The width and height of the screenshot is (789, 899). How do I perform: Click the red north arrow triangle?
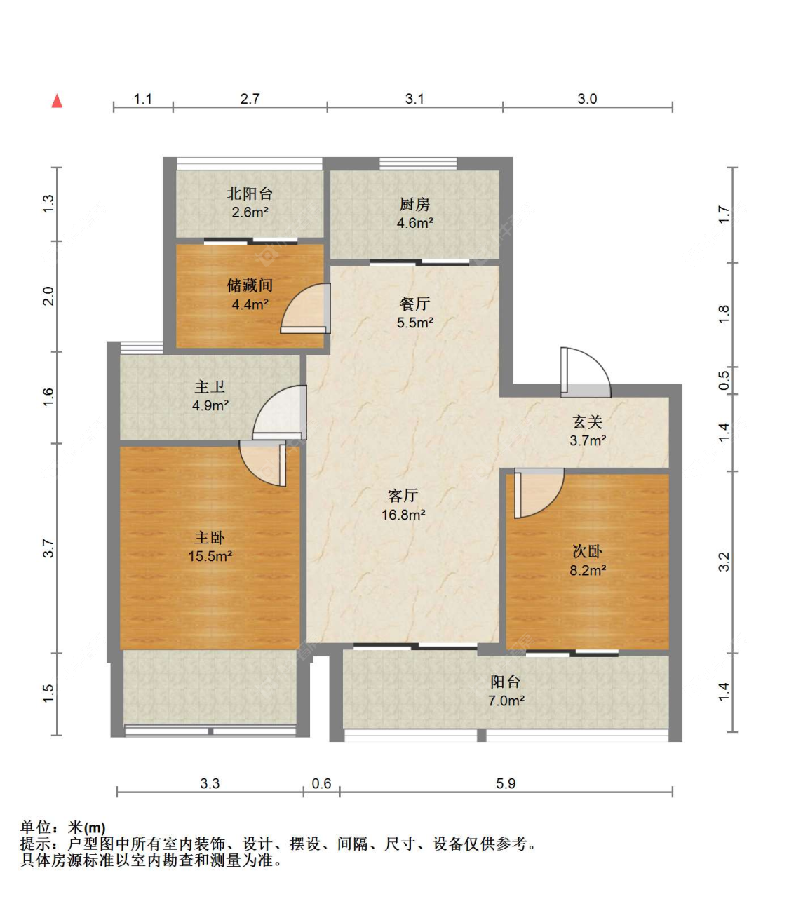(57, 101)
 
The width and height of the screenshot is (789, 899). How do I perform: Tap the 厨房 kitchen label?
(414, 204)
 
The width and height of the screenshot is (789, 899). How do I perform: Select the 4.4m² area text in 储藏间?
(250, 304)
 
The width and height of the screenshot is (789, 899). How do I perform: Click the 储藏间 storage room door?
(306, 309)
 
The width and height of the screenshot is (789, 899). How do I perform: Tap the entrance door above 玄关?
(586, 372)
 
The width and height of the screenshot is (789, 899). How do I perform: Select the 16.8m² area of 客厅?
(403, 515)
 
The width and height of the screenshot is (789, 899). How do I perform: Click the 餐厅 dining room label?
(414, 304)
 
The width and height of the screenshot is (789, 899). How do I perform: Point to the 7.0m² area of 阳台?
(506, 701)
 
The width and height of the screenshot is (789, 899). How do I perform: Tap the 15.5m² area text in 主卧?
(210, 556)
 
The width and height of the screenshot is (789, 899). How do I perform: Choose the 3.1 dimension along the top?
(414, 98)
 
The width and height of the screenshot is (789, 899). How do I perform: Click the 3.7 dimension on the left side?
(48, 548)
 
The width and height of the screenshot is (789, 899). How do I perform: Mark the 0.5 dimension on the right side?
(723, 380)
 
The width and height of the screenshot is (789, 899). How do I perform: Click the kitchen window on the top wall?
(418, 163)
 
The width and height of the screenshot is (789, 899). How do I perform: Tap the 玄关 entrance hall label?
(588, 421)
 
